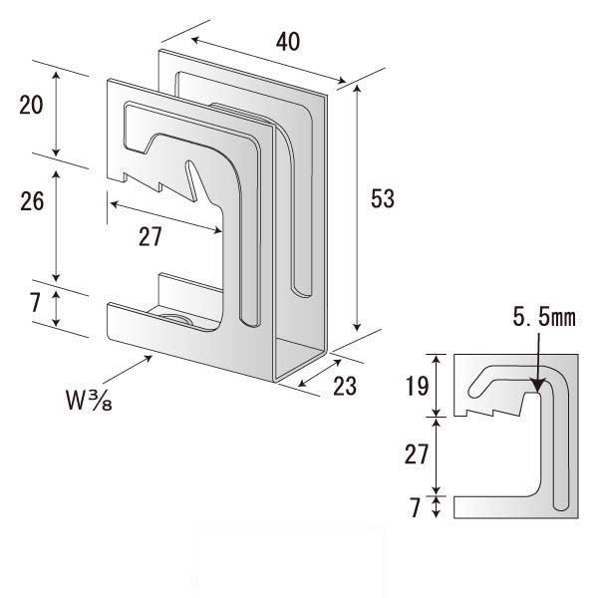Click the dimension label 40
click(x=287, y=41)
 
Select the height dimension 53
click(x=382, y=200)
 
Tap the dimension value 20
click(x=31, y=106)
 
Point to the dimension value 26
click(x=31, y=201)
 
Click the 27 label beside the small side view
click(x=418, y=455)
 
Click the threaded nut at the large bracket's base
click(x=174, y=319)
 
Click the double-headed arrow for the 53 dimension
click(x=357, y=209)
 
